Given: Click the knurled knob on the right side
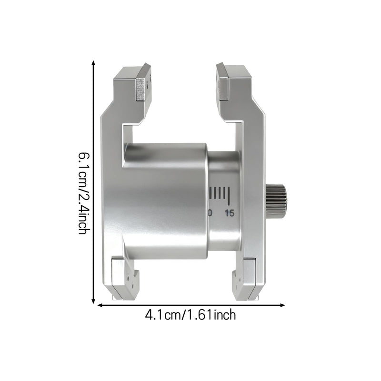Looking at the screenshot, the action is [277, 201].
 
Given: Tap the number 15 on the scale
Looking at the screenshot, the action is [230, 213].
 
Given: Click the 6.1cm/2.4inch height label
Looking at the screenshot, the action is [83, 193].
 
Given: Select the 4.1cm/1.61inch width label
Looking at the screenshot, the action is [190, 315].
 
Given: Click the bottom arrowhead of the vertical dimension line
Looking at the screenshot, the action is [93, 301].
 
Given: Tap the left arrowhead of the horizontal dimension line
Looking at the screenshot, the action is [100, 305].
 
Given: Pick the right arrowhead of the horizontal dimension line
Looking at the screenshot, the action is [282, 305].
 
